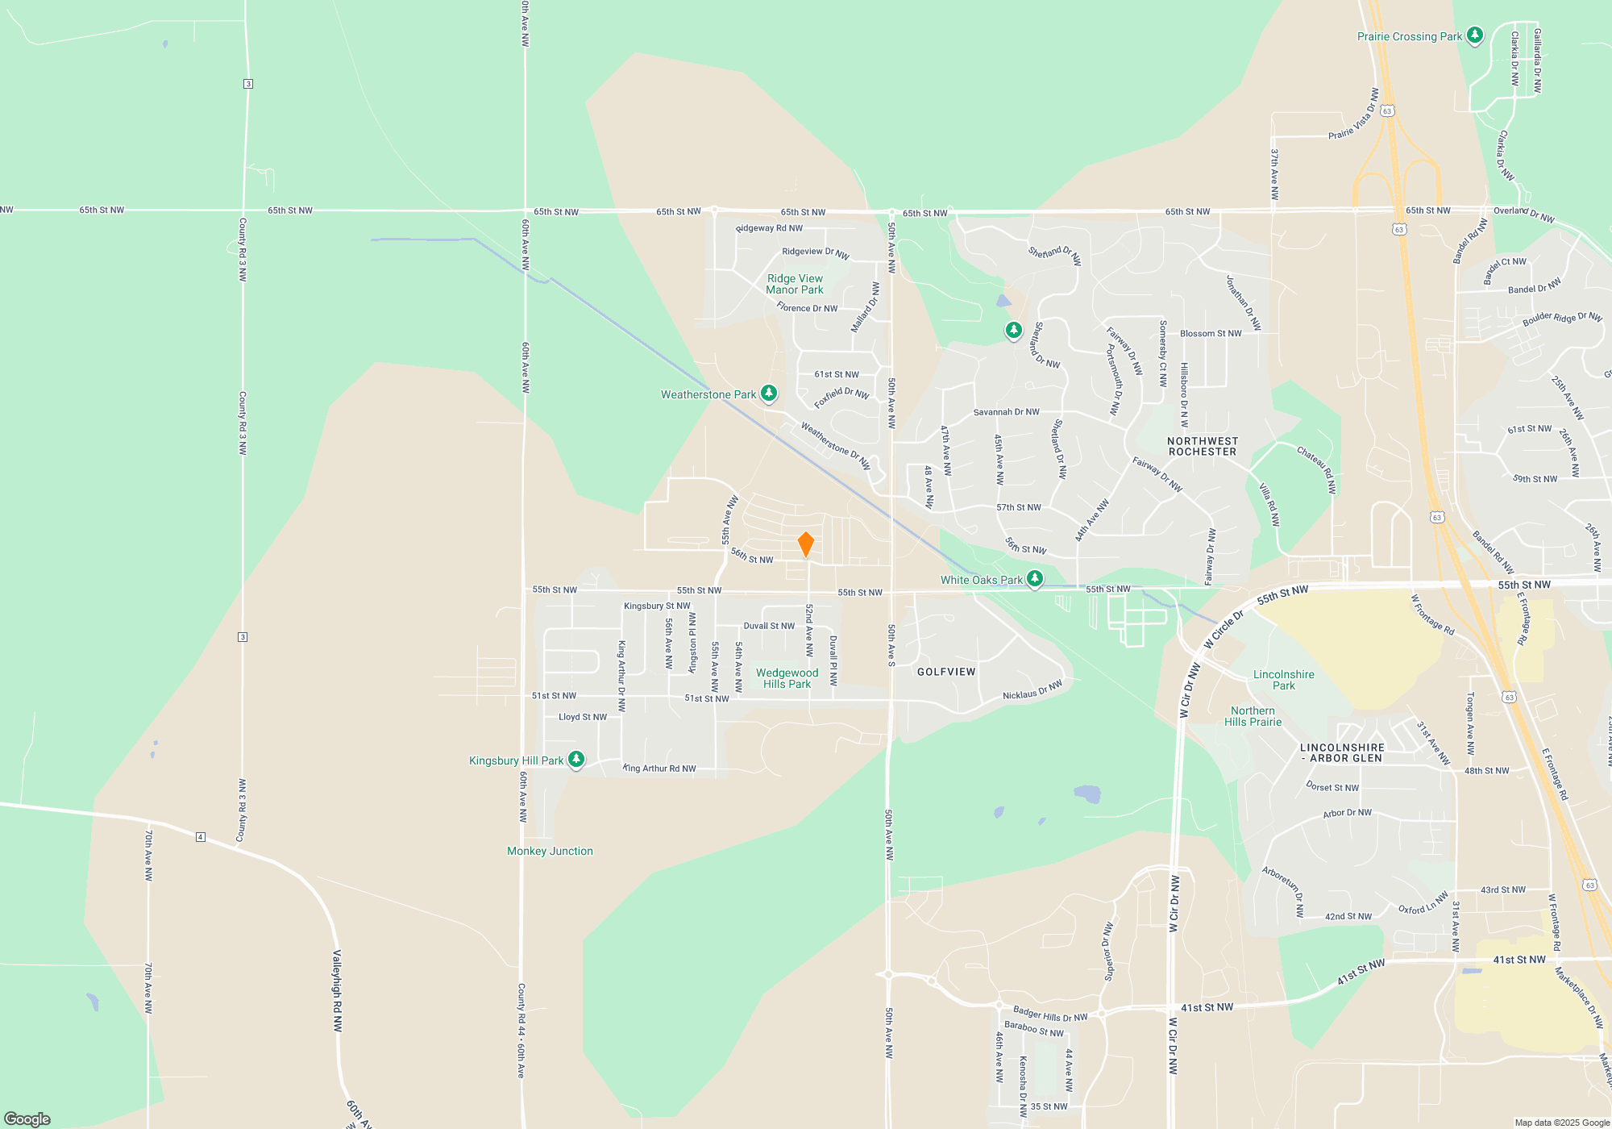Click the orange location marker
click(x=805, y=544)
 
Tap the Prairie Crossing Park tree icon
click(x=1475, y=35)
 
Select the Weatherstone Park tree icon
click(x=769, y=394)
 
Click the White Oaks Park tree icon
click(x=1035, y=579)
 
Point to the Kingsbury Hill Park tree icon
click(x=575, y=760)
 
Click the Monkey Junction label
click(x=550, y=851)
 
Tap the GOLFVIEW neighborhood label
click(x=946, y=672)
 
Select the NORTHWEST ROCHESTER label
click(x=1203, y=447)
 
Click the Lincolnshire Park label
click(x=1283, y=680)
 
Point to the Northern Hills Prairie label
click(x=1253, y=716)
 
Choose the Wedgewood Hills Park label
click(x=787, y=678)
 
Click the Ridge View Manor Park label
click(x=795, y=284)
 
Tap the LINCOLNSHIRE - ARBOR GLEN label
click(x=1342, y=753)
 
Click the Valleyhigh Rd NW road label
click(x=338, y=991)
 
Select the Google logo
click(x=27, y=1119)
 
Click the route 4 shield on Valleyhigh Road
click(x=201, y=837)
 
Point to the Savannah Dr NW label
click(x=1006, y=412)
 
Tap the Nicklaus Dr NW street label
click(x=1032, y=690)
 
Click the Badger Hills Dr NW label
click(x=1050, y=1014)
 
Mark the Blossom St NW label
click(x=1211, y=334)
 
